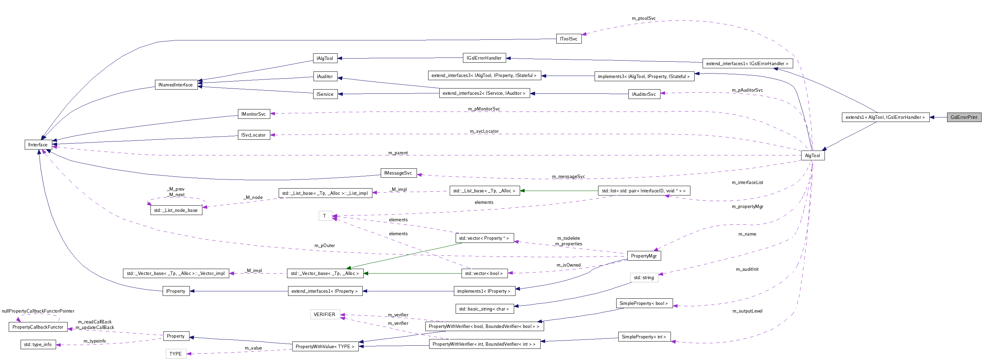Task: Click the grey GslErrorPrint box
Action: coord(963,117)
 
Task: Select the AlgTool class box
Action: coord(812,155)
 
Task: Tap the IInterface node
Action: coord(38,145)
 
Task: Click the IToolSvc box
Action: coord(568,39)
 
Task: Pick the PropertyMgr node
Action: coord(644,256)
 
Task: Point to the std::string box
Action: coord(644,277)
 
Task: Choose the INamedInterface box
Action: coord(176,85)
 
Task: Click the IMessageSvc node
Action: coord(398,173)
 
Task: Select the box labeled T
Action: coord(325,216)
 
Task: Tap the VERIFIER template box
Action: coord(324,314)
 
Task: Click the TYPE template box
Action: coord(176,353)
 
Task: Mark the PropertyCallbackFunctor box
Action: coord(38,327)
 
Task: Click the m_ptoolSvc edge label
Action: coord(643,18)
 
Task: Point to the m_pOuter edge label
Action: coord(324,245)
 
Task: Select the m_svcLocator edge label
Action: coord(484,131)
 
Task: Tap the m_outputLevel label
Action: coord(747,311)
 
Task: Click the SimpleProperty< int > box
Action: coord(644,337)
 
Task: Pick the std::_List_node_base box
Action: coord(176,210)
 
